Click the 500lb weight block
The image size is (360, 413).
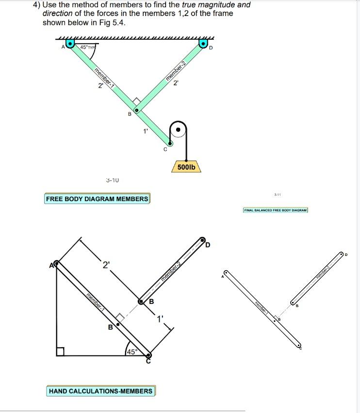(186, 167)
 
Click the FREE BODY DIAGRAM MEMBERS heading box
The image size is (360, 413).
(97, 199)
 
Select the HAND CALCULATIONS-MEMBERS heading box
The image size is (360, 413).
(100, 391)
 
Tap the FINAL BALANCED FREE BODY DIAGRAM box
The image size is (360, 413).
(276, 210)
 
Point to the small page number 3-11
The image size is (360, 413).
(277, 195)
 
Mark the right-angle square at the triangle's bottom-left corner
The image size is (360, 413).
(60, 351)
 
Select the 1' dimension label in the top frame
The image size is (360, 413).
(145, 131)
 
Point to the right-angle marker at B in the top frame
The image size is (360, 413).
(137, 102)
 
